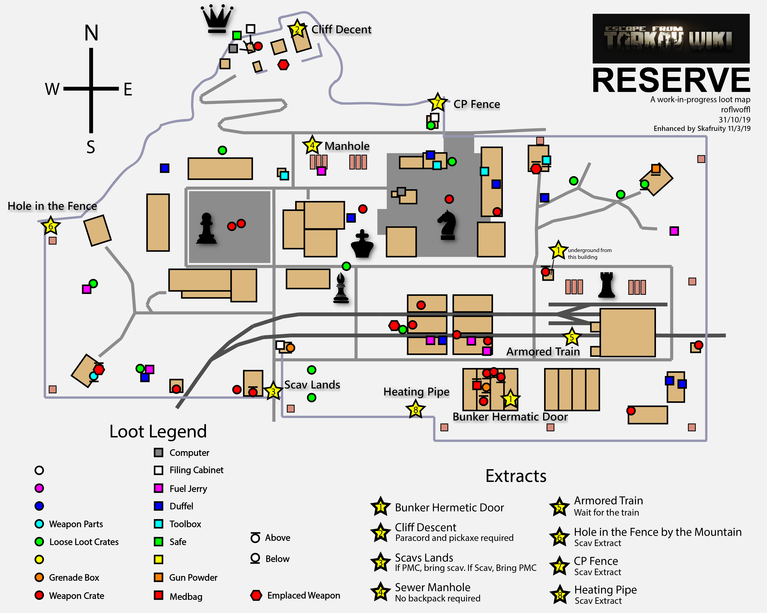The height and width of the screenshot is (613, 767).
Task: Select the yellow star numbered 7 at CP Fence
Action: click(x=437, y=103)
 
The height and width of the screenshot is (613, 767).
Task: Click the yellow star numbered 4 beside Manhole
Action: click(x=312, y=145)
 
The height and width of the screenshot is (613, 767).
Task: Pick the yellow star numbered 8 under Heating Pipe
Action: click(x=415, y=410)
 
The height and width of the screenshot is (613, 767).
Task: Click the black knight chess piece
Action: click(x=447, y=225)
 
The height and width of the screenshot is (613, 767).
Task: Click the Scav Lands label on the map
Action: click(x=312, y=385)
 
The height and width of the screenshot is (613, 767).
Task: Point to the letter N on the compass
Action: click(x=91, y=33)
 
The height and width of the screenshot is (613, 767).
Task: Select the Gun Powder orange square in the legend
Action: click(x=159, y=578)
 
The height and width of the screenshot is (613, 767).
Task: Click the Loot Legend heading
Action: click(x=158, y=431)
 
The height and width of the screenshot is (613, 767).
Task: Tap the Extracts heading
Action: click(x=516, y=476)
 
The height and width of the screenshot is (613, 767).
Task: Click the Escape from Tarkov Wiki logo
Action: click(x=671, y=38)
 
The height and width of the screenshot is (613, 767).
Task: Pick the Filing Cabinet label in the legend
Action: click(x=196, y=470)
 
